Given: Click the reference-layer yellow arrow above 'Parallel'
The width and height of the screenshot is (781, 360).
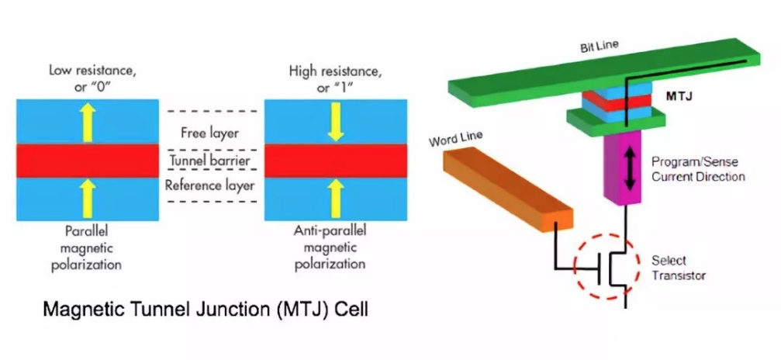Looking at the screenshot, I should pyautogui.click(x=87, y=198).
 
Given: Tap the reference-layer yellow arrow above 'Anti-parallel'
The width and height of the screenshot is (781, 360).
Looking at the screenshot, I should pyautogui.click(x=335, y=198).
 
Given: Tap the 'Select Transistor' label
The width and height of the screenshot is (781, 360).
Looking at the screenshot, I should pyautogui.click(x=679, y=268).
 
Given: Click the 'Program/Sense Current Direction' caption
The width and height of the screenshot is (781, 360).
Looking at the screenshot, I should pyautogui.click(x=693, y=168).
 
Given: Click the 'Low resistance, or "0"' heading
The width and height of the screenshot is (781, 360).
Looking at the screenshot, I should pyautogui.click(x=87, y=78).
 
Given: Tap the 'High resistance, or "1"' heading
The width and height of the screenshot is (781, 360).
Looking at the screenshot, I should pyautogui.click(x=334, y=78).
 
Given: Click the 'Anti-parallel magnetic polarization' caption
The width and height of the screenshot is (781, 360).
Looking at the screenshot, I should pyautogui.click(x=334, y=247).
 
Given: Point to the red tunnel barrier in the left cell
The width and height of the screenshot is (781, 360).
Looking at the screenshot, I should pyautogui.click(x=87, y=161).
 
